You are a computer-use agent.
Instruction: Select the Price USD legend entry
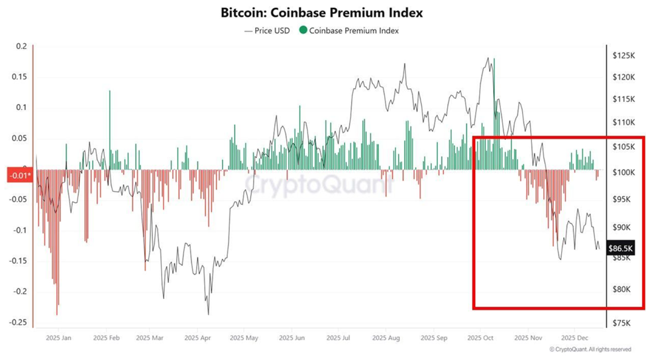click(268, 30)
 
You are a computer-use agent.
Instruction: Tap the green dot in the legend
click(303, 30)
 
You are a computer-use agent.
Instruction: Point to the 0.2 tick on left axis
click(21, 46)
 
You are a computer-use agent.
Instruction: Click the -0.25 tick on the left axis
click(18, 322)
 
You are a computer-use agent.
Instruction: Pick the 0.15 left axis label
click(19, 77)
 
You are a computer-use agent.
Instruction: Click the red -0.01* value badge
click(19, 175)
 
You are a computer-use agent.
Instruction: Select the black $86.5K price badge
click(621, 249)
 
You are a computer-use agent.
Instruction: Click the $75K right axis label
click(622, 323)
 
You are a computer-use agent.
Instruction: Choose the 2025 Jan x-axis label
click(58, 337)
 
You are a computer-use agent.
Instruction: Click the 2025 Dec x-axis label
click(572, 337)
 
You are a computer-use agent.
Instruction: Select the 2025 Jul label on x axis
click(338, 337)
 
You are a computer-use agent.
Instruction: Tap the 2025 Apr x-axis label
click(198, 337)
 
